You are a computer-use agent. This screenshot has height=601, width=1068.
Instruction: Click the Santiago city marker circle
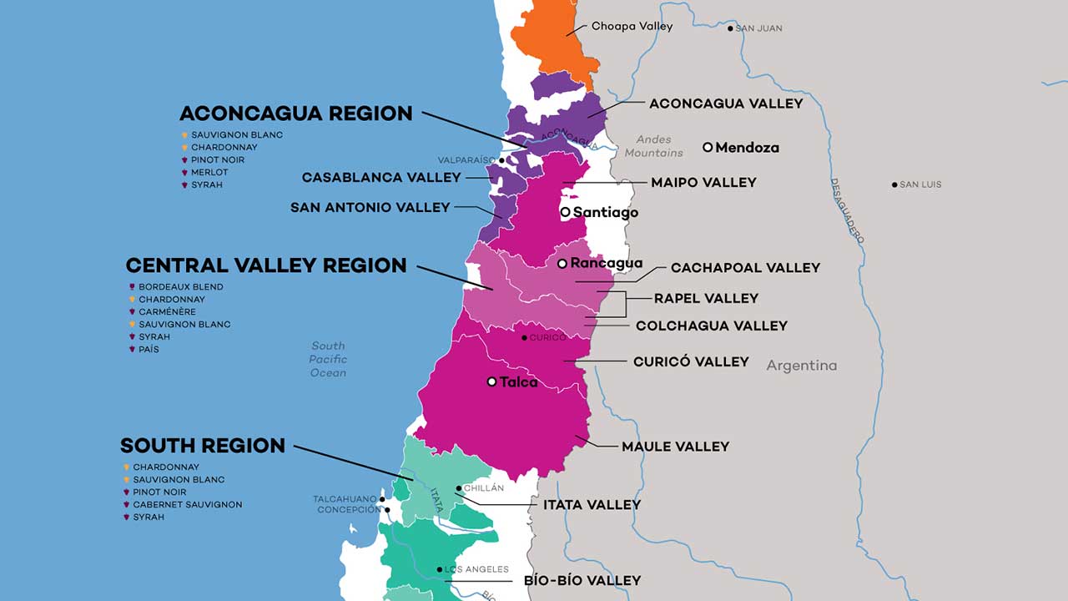coord(565,212)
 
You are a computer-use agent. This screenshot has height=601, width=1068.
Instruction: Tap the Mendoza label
coord(747,148)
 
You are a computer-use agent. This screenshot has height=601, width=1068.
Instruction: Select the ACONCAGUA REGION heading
coord(295,114)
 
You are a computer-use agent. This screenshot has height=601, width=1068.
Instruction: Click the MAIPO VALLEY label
coord(703,182)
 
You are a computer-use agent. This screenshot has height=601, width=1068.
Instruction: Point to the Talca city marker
coord(491,381)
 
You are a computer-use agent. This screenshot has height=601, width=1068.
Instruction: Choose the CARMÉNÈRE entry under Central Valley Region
coord(167,311)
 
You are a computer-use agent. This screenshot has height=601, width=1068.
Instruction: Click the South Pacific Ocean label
coord(328,359)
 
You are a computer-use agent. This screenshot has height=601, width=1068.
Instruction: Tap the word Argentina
coord(801,366)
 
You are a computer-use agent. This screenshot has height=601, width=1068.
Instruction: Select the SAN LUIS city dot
coord(894,184)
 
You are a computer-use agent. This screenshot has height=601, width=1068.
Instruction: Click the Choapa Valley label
coord(632,27)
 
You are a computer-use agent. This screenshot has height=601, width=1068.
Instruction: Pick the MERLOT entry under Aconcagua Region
coord(209,172)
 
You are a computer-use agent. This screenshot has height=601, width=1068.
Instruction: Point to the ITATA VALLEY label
coord(592,504)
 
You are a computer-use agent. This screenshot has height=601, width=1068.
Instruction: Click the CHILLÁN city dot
coord(459,488)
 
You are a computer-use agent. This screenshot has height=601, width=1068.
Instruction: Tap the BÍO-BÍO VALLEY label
coord(582,580)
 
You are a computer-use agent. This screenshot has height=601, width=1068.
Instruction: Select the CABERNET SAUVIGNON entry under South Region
coord(187,504)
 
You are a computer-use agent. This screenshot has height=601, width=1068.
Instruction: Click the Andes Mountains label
coord(653,146)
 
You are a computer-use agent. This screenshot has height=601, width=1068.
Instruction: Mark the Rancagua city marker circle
coord(562,263)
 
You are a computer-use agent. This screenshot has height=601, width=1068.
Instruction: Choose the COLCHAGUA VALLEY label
coord(711,326)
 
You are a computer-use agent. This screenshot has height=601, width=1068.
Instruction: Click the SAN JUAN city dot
coord(730,28)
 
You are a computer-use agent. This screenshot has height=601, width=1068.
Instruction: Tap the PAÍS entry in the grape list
coord(149,349)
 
